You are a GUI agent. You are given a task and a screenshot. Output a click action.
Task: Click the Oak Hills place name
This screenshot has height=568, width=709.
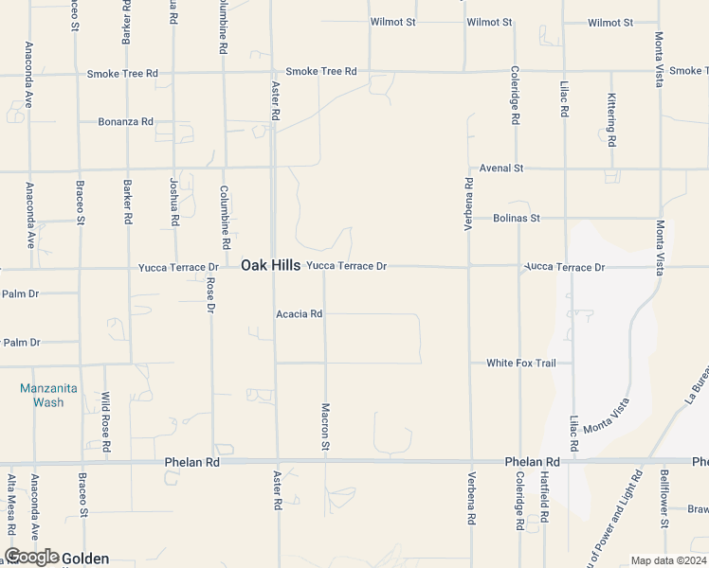(x=270, y=266)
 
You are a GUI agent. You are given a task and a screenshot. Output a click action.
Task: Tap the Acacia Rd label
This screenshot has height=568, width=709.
(x=300, y=314)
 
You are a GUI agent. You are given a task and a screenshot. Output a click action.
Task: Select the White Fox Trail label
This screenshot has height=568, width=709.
(x=520, y=364)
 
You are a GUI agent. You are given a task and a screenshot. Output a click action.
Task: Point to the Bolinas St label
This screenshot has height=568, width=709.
(x=517, y=218)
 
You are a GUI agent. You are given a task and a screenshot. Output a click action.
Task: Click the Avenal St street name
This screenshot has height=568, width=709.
(x=501, y=169)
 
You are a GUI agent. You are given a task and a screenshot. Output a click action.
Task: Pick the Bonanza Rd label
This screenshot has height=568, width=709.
(x=125, y=122)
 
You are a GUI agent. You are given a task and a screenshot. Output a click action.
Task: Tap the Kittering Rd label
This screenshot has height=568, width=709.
(x=612, y=120)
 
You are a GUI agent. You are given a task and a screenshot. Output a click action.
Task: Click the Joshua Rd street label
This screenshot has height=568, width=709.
(x=174, y=202)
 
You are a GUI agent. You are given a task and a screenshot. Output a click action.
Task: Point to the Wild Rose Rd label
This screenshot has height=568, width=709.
(x=106, y=420)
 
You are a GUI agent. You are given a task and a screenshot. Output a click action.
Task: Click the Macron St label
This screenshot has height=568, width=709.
(x=325, y=427)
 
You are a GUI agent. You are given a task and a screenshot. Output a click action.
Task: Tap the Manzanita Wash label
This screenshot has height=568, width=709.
(x=42, y=396)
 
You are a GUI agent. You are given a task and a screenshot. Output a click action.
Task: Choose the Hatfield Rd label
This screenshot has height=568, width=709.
(x=545, y=500)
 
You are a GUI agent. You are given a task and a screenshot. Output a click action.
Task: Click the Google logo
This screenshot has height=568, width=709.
(x=31, y=558)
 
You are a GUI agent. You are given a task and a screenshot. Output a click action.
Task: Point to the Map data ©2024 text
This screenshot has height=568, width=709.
(x=668, y=560)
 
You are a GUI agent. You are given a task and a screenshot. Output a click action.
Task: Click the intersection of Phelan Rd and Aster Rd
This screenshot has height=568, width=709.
(x=277, y=462)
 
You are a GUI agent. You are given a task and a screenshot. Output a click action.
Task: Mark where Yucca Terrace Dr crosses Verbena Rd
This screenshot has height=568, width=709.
(x=469, y=267)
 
